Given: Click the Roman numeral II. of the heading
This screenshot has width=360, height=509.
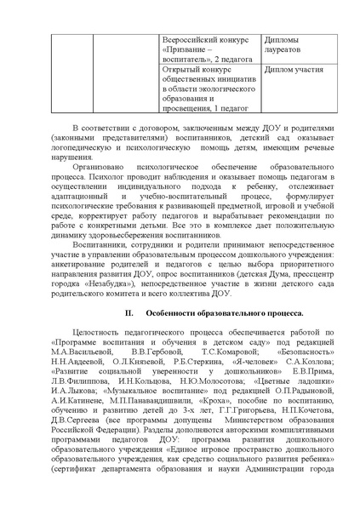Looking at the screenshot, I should tap(121, 289).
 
